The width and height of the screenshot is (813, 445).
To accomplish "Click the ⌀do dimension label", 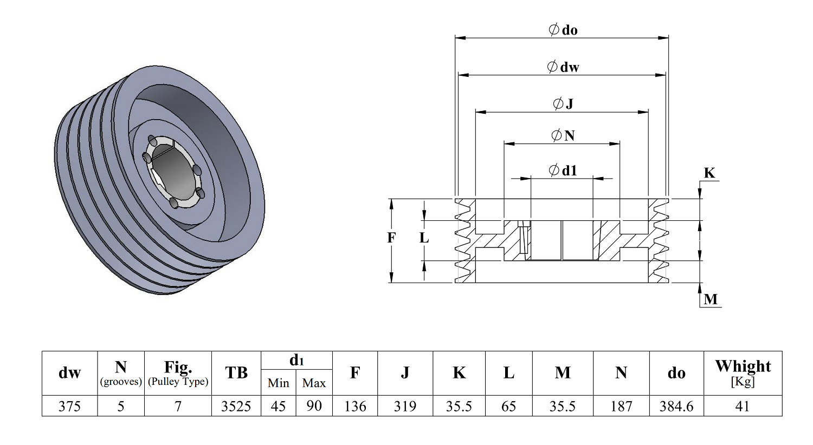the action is click(563, 30).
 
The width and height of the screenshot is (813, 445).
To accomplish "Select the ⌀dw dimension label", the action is click(563, 67).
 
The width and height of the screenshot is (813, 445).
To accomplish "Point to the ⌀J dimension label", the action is click(563, 104).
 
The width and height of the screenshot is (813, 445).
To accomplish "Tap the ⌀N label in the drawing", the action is click(563, 135).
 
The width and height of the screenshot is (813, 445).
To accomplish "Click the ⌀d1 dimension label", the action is click(563, 170).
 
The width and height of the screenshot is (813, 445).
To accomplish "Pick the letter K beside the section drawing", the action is click(709, 173).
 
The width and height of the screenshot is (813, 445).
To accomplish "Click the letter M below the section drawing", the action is click(711, 299).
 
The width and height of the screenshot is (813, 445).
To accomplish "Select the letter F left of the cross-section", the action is click(391, 238).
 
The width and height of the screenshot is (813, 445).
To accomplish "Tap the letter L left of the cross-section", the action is click(424, 238).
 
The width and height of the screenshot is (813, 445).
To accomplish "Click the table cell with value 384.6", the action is click(676, 406).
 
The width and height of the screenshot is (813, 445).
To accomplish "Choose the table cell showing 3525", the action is click(236, 406).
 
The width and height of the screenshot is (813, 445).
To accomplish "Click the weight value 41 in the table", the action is click(743, 406).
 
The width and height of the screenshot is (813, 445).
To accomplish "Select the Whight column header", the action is click(743, 373).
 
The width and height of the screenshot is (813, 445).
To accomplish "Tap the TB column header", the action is click(236, 373).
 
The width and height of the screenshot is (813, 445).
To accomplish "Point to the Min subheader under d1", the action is click(279, 383).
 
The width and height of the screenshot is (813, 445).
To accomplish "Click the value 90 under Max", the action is click(314, 406).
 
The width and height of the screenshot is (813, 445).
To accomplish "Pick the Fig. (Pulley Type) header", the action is click(178, 373).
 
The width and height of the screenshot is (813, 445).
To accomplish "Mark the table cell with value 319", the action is click(405, 406).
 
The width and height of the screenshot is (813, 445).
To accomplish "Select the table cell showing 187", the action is click(621, 406).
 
